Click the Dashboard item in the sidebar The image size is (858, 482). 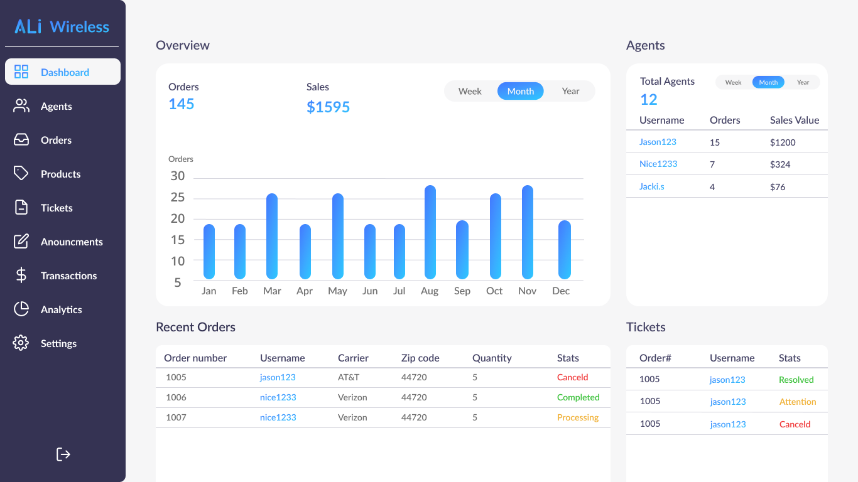[x=63, y=72]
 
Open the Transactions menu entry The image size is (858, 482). [x=68, y=276]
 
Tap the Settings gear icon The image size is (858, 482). [x=21, y=343]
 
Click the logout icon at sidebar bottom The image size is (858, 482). [x=63, y=454]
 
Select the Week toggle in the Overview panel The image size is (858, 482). [x=470, y=91]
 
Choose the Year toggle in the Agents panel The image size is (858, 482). [x=803, y=82]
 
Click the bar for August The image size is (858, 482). [x=430, y=232]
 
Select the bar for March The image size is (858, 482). [x=272, y=236]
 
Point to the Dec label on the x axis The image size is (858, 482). [x=561, y=291]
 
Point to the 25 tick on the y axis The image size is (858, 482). [x=178, y=198]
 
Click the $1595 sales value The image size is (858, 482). [x=328, y=107]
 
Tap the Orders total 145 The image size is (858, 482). [x=182, y=104]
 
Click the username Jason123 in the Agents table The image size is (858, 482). [x=658, y=142]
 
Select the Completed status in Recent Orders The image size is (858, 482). [x=578, y=397]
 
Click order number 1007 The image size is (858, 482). [x=176, y=417]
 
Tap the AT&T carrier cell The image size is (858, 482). [x=349, y=377]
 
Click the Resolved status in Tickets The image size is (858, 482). [x=796, y=380]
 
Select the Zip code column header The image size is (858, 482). [x=420, y=358]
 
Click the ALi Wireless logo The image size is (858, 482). [x=62, y=26]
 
